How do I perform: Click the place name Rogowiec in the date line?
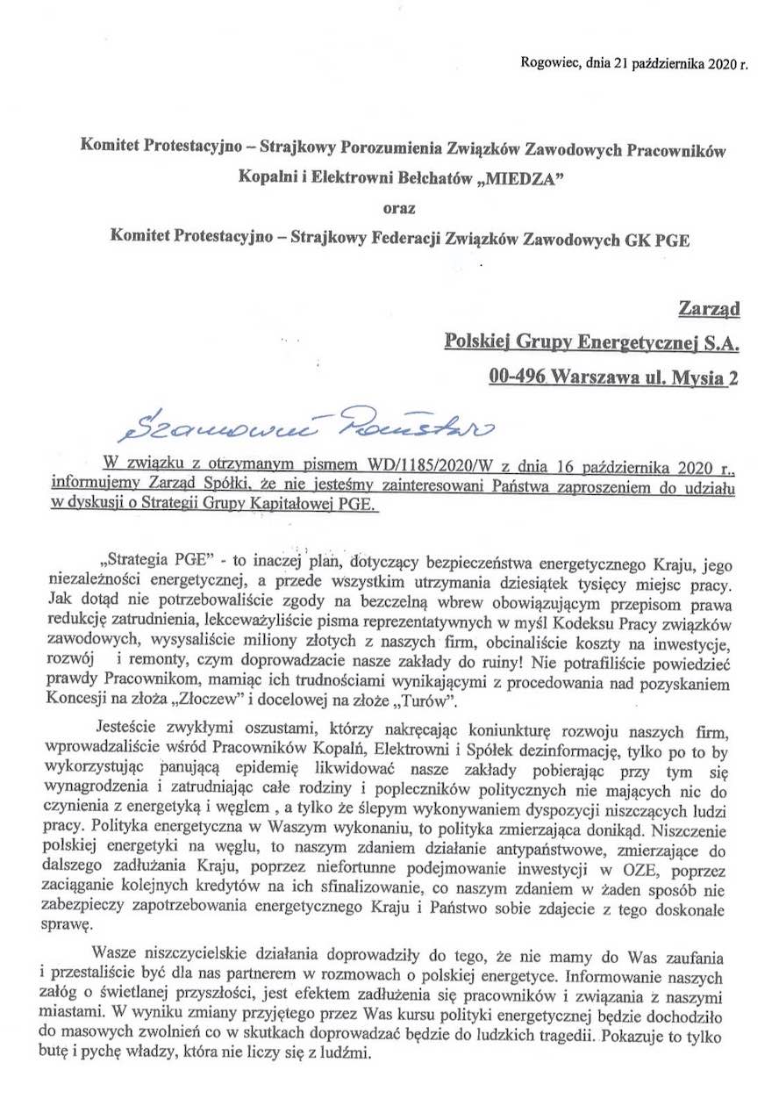547,62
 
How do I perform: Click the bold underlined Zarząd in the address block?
709,308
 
